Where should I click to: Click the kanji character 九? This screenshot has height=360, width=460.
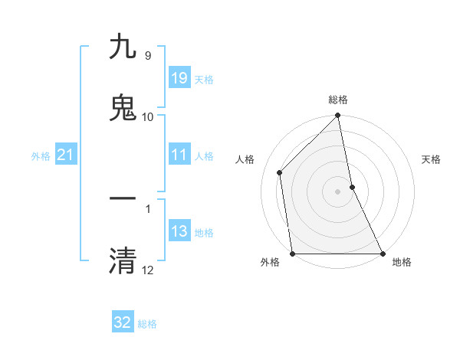pos(123,47)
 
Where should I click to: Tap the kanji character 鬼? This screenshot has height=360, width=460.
pos(123,108)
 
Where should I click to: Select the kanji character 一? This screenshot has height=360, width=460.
pos(123,198)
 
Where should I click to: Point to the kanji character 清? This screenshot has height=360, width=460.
pos(123,260)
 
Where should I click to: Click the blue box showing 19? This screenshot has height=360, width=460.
pos(179,78)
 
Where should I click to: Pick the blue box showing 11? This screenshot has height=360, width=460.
pos(179,155)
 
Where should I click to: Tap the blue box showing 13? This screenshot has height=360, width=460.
pos(179,231)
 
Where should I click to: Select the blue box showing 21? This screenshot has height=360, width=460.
pos(66,155)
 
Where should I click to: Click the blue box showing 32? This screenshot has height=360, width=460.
pos(123,322)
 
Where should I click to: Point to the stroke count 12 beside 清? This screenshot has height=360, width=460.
pos(148,270)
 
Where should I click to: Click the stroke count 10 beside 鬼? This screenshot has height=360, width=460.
pos(148,116)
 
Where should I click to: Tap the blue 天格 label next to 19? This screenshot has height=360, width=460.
pos(204,80)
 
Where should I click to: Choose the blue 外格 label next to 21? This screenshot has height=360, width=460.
pos(41,156)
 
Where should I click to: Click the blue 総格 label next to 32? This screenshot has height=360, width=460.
pos(147,324)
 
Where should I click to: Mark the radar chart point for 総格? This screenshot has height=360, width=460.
pos(338,116)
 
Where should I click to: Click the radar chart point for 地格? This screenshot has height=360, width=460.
pos(383,254)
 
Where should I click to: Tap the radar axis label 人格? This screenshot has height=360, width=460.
pos(245,159)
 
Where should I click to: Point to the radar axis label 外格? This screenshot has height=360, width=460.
pos(270,263)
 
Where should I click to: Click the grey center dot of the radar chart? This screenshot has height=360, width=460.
pos(338,191)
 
